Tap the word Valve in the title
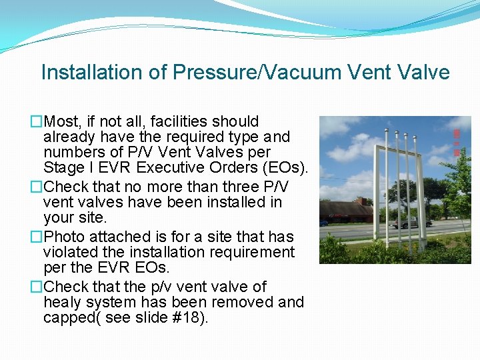[x=425, y=72]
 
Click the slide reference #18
[x=190, y=318]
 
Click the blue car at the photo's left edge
[x=323, y=222]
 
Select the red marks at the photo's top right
[x=457, y=143]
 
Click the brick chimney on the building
[x=360, y=200]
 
